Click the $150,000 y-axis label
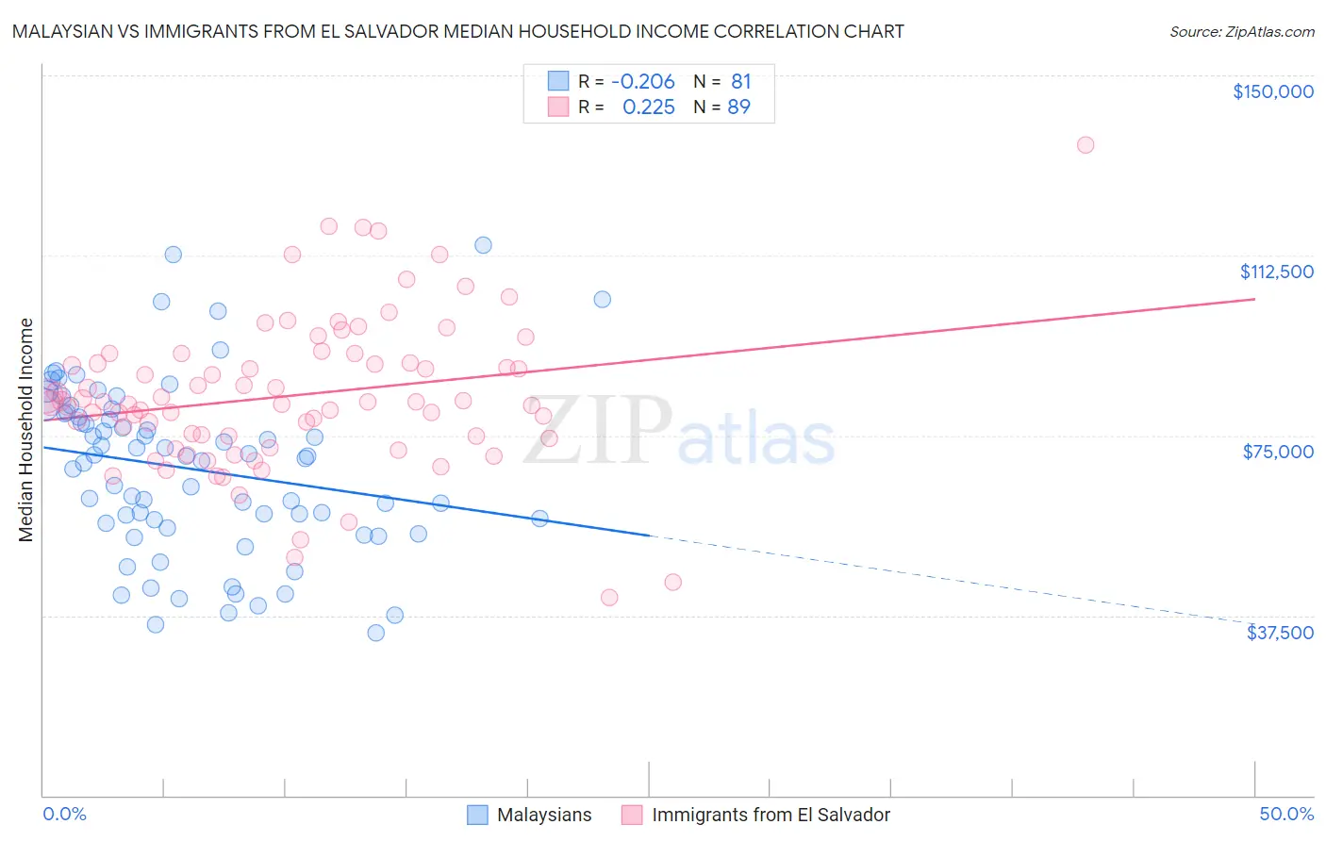[1272, 91]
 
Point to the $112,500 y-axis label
[1276, 272]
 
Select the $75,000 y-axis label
[1278, 452]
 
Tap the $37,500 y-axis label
[1279, 633]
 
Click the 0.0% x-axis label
[64, 814]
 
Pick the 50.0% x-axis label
[1285, 814]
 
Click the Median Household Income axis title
[25, 430]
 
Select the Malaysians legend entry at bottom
[543, 815]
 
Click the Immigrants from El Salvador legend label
[770, 815]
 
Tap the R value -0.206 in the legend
[643, 82]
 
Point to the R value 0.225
[649, 107]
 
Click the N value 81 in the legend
[740, 82]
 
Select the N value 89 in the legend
[738, 107]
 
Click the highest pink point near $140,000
[1086, 145]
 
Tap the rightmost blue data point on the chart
[602, 300]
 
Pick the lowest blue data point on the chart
[375, 633]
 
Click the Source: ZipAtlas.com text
[1241, 32]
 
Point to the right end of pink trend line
[1254, 299]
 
